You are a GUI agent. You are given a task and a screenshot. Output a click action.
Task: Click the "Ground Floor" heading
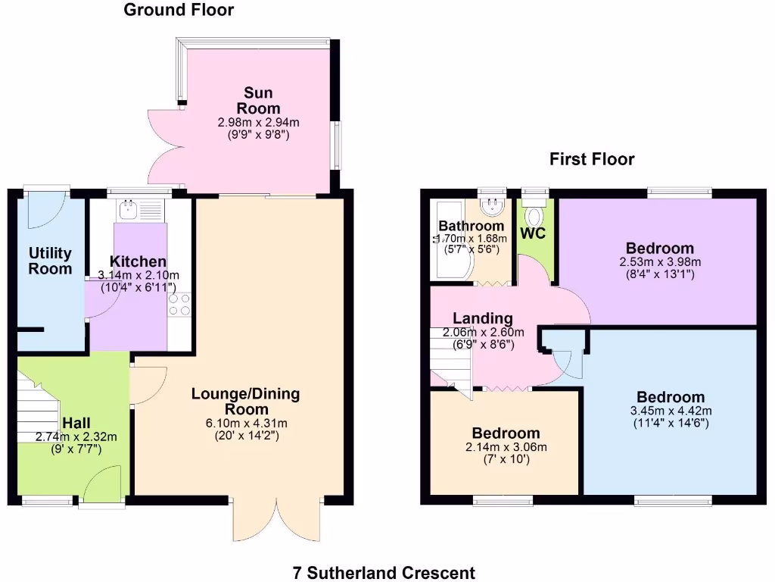click(179, 10)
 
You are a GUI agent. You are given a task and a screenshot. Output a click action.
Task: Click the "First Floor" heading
click(592, 159)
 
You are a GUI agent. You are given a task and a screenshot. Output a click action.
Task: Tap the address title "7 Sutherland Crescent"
click(384, 572)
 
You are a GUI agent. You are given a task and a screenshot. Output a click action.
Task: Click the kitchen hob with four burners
click(180, 305)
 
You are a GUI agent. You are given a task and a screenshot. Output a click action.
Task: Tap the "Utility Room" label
click(50, 261)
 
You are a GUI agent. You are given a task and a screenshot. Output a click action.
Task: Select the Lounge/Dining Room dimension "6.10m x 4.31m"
click(246, 423)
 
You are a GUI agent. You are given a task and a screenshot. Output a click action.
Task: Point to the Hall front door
click(103, 485)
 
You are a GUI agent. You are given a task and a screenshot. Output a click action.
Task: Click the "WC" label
click(533, 233)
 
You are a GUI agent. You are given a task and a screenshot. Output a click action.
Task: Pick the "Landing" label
click(483, 318)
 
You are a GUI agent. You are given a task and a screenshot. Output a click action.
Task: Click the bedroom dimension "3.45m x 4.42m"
click(671, 411)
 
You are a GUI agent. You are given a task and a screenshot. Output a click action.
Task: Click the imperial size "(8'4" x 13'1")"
click(659, 274)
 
